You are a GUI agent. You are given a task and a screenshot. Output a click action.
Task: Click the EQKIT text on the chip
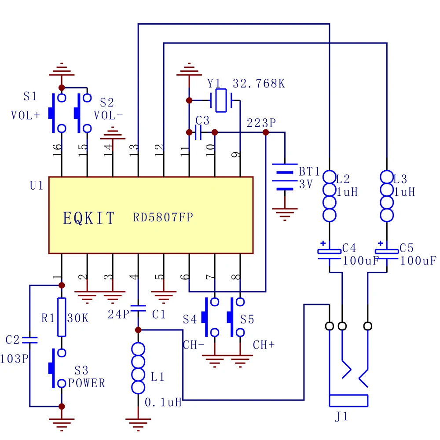[89, 218]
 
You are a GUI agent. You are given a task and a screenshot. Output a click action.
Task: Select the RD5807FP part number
[163, 217]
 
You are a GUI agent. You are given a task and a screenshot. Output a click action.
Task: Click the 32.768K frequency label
[258, 83]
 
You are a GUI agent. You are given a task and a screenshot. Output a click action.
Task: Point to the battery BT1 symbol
[285, 177]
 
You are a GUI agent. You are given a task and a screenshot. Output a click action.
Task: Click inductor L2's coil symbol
[330, 196]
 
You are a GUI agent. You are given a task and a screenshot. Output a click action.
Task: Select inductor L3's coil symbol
[387, 196]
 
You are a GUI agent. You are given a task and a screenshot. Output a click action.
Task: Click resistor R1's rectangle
[62, 317]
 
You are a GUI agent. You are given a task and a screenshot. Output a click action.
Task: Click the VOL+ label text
[25, 115]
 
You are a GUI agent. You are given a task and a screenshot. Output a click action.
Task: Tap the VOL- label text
[109, 115]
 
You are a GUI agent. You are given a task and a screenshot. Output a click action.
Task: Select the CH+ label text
[264, 345]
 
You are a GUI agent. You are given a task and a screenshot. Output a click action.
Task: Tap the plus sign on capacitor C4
[323, 243]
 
